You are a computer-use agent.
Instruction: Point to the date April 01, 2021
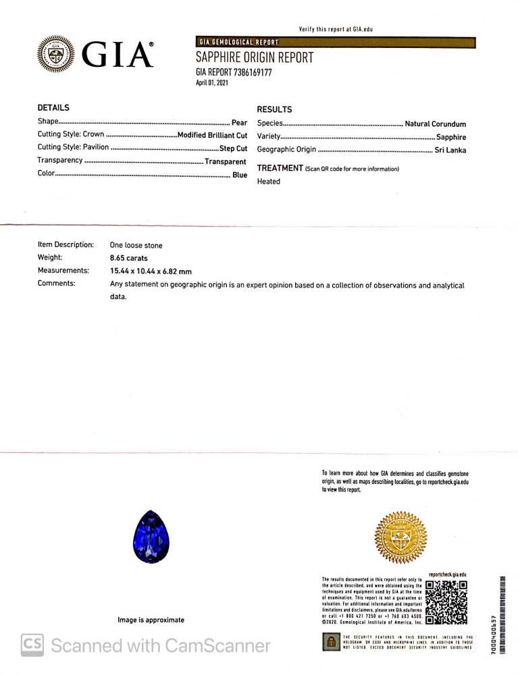213,83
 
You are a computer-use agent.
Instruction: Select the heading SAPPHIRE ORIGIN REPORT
255,58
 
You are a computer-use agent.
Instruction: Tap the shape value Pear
239,123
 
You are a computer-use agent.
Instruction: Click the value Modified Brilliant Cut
212,135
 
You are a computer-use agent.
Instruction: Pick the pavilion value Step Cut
233,148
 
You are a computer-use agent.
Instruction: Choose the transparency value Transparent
225,161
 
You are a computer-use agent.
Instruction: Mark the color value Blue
240,175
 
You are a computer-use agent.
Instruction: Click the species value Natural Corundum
435,124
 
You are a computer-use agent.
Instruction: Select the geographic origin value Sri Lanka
450,150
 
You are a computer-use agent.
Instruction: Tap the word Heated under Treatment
269,182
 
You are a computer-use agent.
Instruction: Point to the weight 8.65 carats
128,258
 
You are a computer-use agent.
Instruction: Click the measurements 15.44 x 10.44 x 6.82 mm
151,271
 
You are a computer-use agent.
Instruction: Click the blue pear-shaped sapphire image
151,537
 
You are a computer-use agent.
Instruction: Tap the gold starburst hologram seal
400,538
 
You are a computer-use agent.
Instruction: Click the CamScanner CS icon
32,645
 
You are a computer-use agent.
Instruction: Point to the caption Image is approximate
151,620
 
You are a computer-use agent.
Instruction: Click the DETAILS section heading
53,108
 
